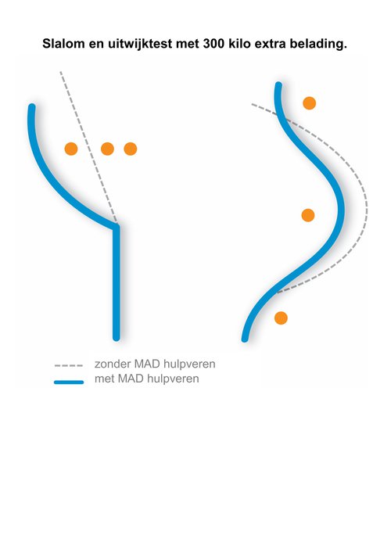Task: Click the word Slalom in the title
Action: click(64, 44)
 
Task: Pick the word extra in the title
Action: click(270, 45)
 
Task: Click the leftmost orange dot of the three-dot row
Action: click(71, 149)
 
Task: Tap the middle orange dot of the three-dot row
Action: click(108, 149)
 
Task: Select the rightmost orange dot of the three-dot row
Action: click(131, 149)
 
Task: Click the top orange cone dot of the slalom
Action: click(310, 103)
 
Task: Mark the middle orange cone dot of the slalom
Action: click(308, 215)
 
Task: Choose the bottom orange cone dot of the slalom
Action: click(281, 318)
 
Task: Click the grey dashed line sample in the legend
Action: click(69, 366)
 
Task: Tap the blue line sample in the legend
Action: click(69, 382)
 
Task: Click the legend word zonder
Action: click(113, 364)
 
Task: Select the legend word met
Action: click(104, 379)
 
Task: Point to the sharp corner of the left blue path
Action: click(117, 227)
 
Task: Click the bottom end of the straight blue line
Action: click(117, 338)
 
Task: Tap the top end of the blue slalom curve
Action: click(278, 85)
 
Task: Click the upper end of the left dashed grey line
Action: click(61, 72)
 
